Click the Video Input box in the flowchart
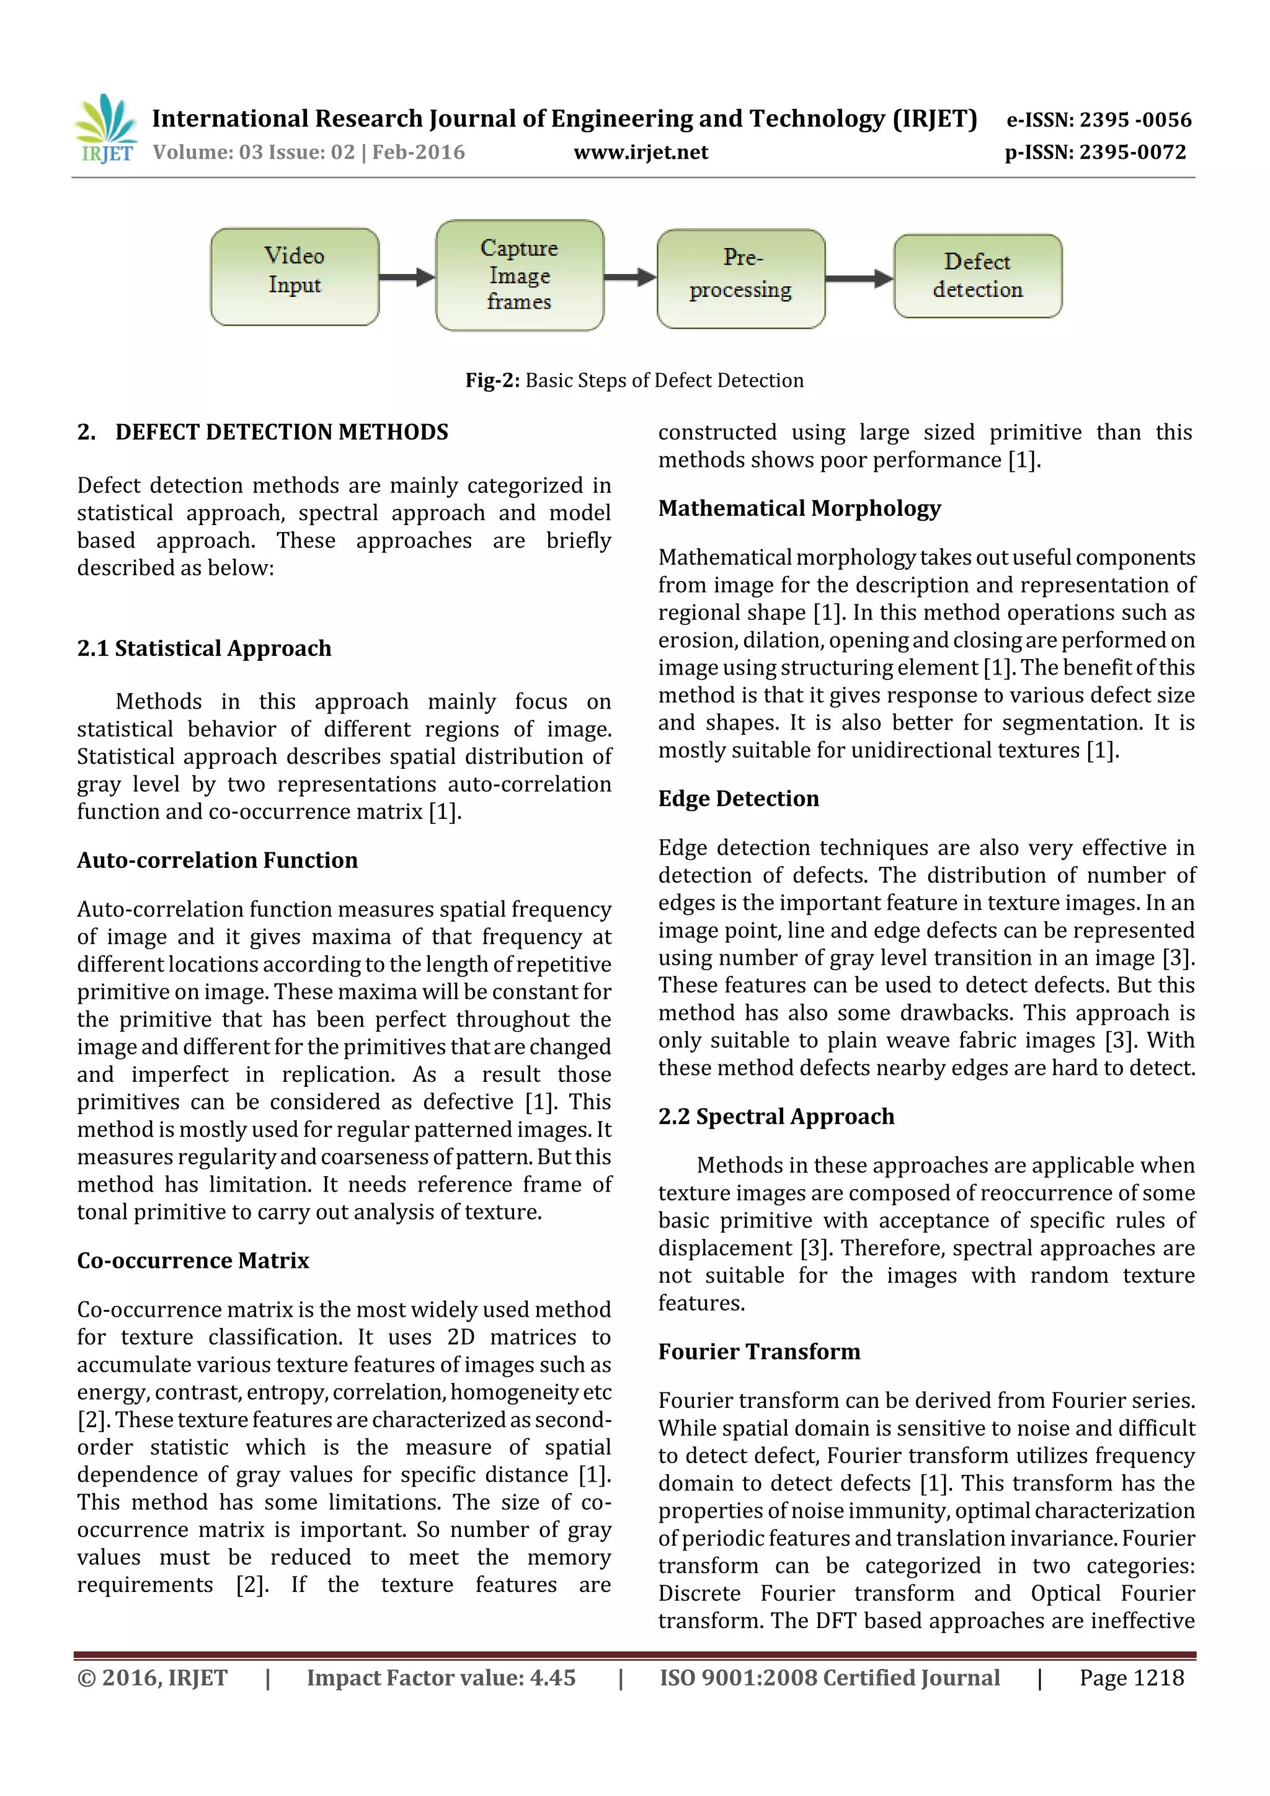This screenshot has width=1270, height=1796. point(294,276)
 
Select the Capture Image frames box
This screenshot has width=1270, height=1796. point(520,275)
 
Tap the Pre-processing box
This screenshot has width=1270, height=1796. point(741,278)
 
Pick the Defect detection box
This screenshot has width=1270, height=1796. point(977,276)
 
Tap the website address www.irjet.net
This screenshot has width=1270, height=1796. point(641,152)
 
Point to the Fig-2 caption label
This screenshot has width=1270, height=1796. point(492,380)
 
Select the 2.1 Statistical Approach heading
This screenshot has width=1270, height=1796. point(204,648)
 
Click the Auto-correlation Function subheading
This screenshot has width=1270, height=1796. point(218,860)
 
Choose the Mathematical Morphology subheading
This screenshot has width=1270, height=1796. point(799,508)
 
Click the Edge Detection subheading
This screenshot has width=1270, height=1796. point(739,798)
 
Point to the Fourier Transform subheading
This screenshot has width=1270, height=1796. point(759,1351)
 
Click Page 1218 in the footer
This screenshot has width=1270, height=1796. point(1132,1677)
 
